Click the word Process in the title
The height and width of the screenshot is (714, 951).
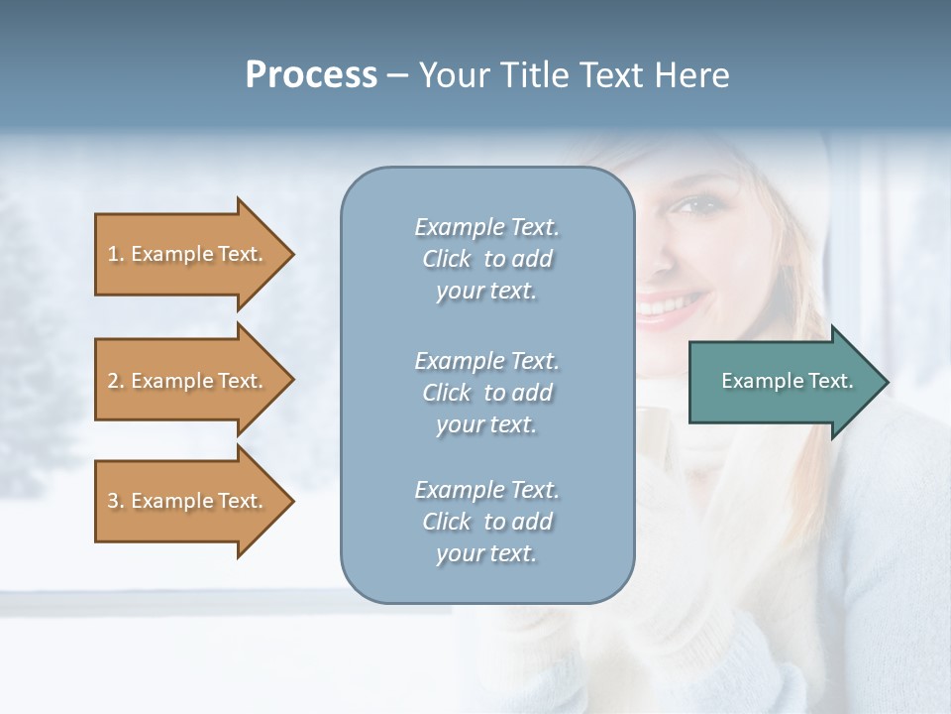(311, 75)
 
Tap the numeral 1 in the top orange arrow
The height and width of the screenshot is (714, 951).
(113, 254)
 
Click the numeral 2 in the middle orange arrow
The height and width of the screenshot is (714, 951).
(113, 381)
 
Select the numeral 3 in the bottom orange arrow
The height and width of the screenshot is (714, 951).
(113, 501)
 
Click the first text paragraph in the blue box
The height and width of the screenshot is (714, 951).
(486, 259)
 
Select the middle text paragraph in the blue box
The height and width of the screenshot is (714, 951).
(486, 393)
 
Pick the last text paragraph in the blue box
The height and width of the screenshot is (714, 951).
(486, 522)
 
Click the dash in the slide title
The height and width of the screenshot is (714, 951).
(397, 76)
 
